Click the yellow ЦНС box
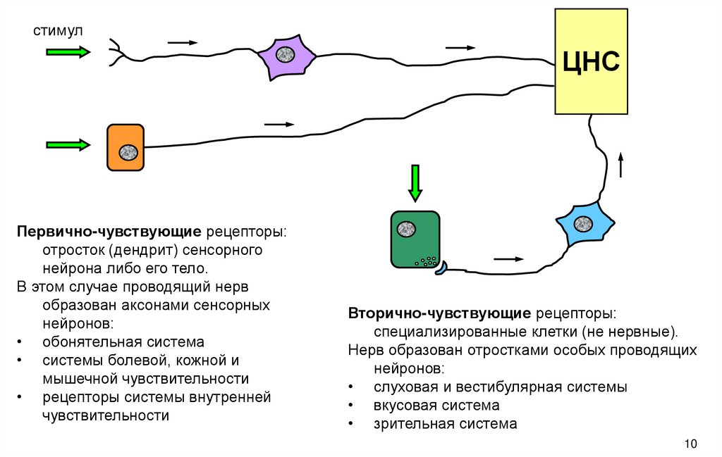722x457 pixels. [590, 61]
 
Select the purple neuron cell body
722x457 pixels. [285, 55]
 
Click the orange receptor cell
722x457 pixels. [126, 148]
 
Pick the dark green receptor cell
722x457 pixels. [415, 239]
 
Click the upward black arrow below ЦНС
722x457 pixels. [621, 165]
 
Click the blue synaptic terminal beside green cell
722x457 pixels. [440, 268]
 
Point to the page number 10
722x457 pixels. [690, 444]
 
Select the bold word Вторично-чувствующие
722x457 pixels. [439, 313]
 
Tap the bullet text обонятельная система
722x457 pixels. [123, 342]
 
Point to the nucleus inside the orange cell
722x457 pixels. [128, 151]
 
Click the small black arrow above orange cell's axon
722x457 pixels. [278, 125]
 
